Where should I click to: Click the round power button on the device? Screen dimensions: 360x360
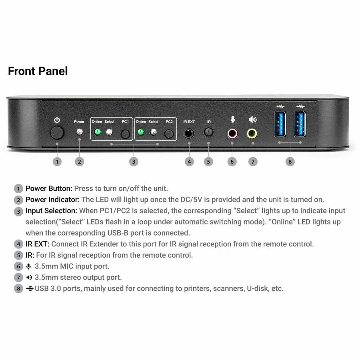click(57, 133)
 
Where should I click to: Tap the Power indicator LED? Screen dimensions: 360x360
click(80, 132)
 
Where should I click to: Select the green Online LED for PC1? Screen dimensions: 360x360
click(98, 132)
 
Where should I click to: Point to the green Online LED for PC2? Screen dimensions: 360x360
click(140, 132)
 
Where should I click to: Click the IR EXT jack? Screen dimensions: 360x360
click(189, 133)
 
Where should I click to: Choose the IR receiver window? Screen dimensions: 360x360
click(208, 132)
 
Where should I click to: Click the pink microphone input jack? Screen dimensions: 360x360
click(232, 134)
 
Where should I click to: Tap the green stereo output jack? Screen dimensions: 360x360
click(252, 133)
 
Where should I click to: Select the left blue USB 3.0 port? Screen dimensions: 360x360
click(280, 124)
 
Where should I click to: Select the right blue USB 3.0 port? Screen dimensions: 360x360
click(300, 124)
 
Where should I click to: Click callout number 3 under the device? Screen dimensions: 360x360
click(134, 162)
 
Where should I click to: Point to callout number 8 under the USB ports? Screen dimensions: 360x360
click(290, 162)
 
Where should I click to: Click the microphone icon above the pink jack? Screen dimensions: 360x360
click(232, 120)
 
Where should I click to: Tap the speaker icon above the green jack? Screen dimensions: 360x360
click(252, 119)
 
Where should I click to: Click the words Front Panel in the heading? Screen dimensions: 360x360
click(38, 71)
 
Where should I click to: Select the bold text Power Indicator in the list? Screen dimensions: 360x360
click(52, 200)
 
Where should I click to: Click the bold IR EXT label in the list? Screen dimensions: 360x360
click(37, 244)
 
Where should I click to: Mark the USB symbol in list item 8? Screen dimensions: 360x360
click(30, 288)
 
